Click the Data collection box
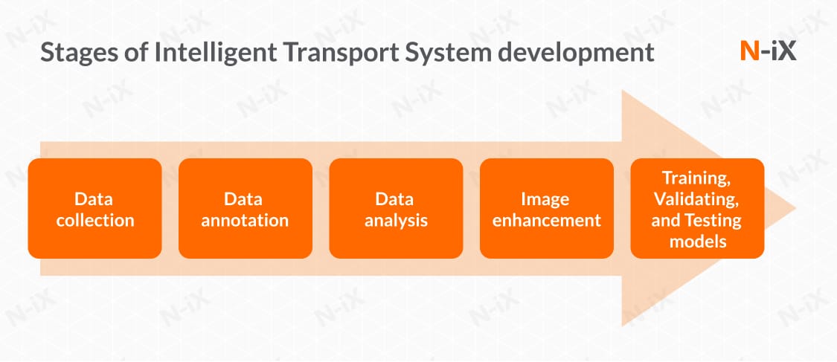(x=94, y=208)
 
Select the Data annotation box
(x=246, y=208)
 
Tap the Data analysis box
(x=396, y=208)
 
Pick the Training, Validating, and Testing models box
(x=697, y=208)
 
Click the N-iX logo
(x=769, y=51)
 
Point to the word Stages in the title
(x=74, y=54)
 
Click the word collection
(x=94, y=220)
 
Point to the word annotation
(x=246, y=220)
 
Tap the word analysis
(x=396, y=220)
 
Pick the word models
(x=697, y=241)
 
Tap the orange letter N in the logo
(x=750, y=51)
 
